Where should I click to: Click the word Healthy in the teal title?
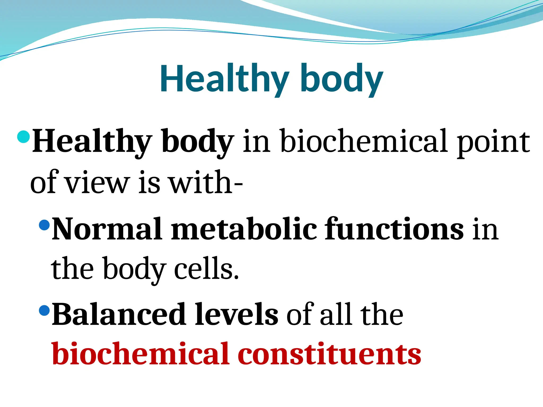tap(224, 79)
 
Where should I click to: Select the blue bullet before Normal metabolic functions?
tap(44, 225)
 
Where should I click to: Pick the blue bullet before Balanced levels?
tap(44, 310)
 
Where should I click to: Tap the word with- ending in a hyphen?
tap(206, 182)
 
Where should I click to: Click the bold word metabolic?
tap(244, 229)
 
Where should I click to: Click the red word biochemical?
tap(140, 354)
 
